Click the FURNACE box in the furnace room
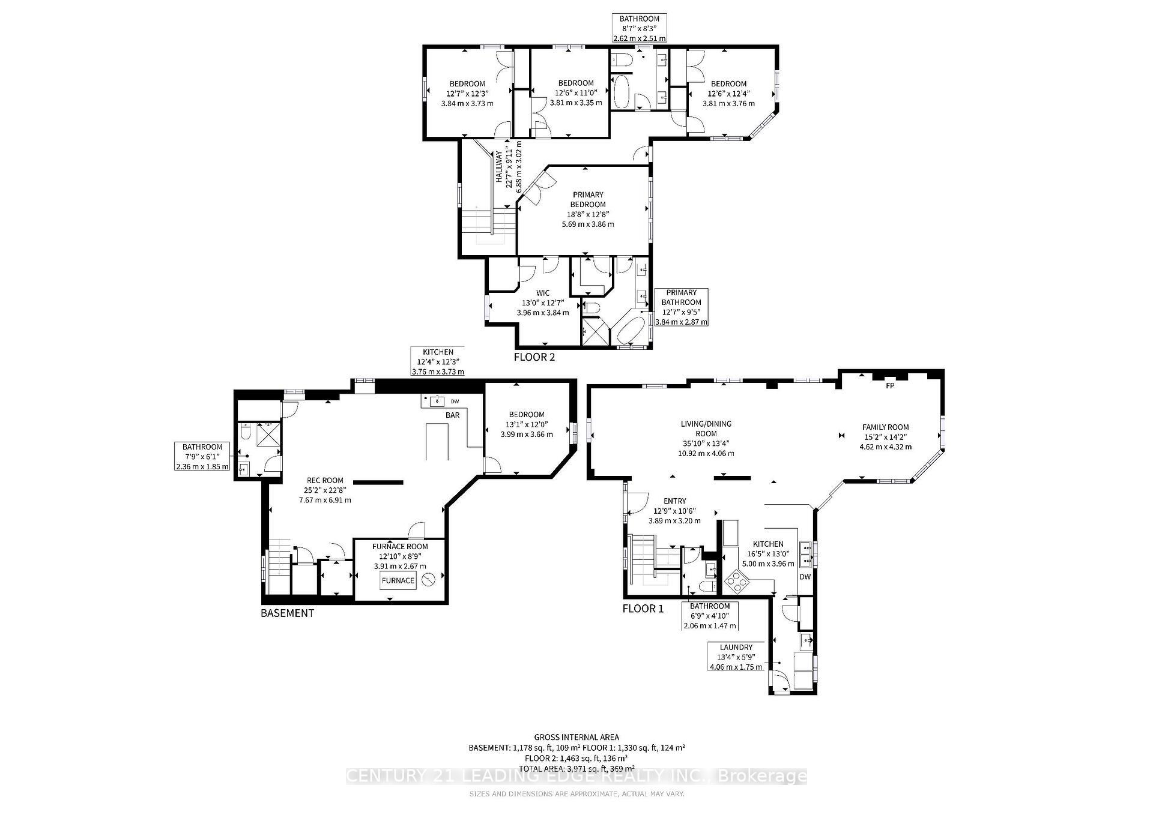[x=398, y=580]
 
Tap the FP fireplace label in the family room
[x=889, y=386]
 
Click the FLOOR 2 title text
[x=534, y=357]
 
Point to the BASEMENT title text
[x=287, y=613]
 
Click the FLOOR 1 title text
[x=643, y=609]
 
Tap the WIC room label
[x=543, y=293]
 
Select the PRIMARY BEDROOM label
[x=587, y=199]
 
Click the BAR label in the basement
[x=452, y=415]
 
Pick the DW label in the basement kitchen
[x=455, y=401]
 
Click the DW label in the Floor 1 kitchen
[x=805, y=577]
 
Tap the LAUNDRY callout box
[x=736, y=657]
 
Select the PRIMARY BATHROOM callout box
[x=681, y=307]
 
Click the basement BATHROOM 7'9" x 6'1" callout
[x=202, y=456]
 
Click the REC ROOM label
[x=325, y=480]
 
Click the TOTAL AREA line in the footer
[x=576, y=768]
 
